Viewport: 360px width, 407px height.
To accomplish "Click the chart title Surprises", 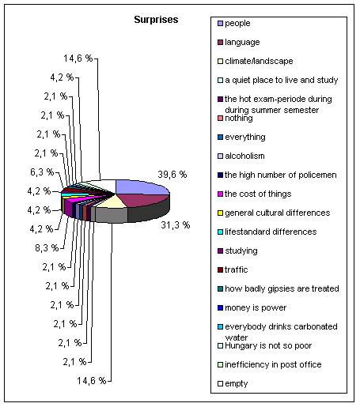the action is click(x=156, y=20).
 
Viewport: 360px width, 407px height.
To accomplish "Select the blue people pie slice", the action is click(x=140, y=187).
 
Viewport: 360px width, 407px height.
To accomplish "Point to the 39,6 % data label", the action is click(x=172, y=175).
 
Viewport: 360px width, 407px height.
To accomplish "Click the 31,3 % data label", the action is click(x=176, y=225).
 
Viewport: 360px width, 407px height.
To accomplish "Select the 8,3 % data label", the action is click(x=47, y=248).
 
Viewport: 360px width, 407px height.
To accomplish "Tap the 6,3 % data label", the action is click(x=42, y=172).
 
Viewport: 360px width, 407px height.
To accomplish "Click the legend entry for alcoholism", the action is click(x=241, y=156).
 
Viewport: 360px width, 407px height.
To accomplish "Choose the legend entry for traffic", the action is click(x=233, y=269).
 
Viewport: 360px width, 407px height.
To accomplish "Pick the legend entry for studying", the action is click(x=237, y=251).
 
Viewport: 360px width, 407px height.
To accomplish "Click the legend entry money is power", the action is click(x=252, y=307).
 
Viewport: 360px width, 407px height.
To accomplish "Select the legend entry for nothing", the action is click(x=235, y=118).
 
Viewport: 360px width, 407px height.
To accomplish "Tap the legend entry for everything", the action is click(x=241, y=137).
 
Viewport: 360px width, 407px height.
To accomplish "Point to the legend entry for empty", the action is click(x=233, y=383).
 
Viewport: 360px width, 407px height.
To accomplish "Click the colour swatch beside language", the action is click(x=220, y=42).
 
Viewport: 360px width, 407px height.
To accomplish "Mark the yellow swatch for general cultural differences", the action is click(x=220, y=213).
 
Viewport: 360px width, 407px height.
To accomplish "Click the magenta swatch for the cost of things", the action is click(x=220, y=194).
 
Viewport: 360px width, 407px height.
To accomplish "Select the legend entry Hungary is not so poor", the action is click(x=264, y=345).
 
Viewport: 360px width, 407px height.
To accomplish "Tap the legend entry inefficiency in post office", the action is click(x=270, y=364).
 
